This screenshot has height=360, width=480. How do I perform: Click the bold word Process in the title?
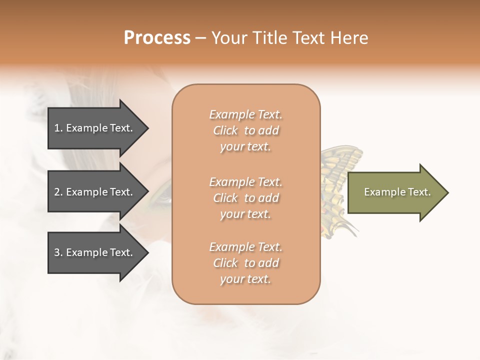tap(157, 38)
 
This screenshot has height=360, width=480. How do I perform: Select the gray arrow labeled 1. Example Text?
tap(95, 128)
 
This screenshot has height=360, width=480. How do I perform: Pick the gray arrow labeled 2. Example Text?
tap(95, 192)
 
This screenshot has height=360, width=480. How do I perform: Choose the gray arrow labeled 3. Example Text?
tap(95, 252)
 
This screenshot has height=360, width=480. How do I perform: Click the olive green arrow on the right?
tap(395, 192)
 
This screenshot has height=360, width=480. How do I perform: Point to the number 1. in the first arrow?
tap(58, 128)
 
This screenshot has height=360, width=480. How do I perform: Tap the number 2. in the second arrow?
tap(58, 192)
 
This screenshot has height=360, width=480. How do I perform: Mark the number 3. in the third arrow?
tap(58, 252)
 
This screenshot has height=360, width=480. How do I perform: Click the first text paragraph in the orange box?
tap(245, 130)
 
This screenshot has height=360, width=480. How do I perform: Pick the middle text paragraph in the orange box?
tap(245, 198)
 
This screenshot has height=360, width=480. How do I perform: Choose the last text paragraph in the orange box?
tap(245, 263)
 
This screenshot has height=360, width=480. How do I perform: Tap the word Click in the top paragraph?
tap(225, 130)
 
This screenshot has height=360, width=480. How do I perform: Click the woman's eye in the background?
tap(163, 200)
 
